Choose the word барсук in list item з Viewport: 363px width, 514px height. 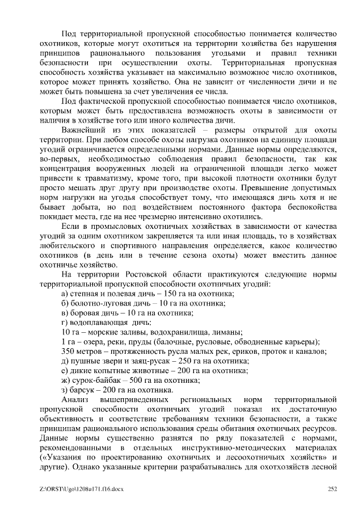point(82,390)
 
